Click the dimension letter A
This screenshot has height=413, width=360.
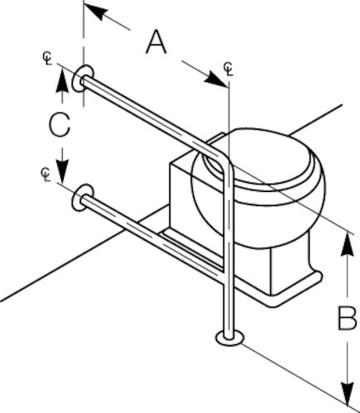[156, 42]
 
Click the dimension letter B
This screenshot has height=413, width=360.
[348, 319]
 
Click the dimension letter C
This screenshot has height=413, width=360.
[60, 125]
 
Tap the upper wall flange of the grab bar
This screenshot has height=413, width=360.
[83, 79]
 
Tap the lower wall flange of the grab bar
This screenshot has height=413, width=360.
[82, 197]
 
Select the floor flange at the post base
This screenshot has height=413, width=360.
[230, 339]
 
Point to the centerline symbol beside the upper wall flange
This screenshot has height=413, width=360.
[47, 58]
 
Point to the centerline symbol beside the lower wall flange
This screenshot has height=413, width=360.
[46, 175]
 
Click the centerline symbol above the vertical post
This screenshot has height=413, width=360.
[228, 69]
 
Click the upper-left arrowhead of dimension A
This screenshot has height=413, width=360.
[96, 12]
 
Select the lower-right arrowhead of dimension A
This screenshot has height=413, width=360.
[216, 79]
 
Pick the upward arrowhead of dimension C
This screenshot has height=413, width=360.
[62, 79]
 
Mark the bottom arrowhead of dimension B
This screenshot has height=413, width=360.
[348, 394]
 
